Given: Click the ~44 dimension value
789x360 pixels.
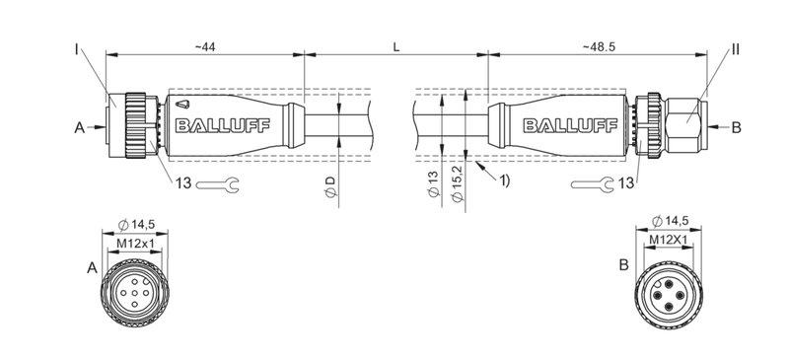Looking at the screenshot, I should tap(204, 47).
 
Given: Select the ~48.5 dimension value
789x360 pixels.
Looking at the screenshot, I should tap(601, 47).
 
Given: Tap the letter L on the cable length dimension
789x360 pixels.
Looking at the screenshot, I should tap(396, 47).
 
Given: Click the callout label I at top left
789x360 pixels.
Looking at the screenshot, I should tap(77, 47).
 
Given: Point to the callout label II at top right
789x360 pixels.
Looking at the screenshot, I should tap(736, 47).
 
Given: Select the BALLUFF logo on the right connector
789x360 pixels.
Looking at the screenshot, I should tap(557, 125).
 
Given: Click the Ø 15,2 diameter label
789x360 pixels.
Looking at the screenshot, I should tap(457, 186).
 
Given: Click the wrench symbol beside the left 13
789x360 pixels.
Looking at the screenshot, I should tap(218, 182).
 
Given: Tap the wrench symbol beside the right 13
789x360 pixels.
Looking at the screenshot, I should tap(589, 182).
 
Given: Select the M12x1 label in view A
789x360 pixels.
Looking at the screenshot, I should tap(135, 244).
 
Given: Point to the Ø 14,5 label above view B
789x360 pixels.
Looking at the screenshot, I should tap(674, 223).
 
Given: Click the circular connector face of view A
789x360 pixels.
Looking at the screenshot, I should tap(135, 293).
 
